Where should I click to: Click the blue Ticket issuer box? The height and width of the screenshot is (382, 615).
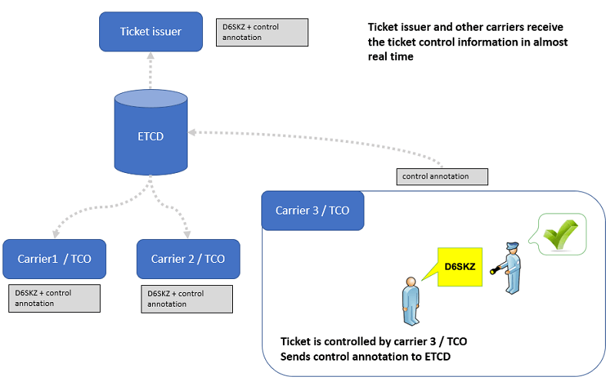[x=151, y=32]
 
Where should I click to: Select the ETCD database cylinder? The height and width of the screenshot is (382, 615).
[x=151, y=135]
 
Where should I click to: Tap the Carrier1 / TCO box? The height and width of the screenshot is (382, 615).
[x=54, y=258]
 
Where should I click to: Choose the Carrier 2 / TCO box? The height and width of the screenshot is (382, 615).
[x=188, y=258]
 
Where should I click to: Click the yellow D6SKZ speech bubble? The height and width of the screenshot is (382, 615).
[x=460, y=267]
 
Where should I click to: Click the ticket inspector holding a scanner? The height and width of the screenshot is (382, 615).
[x=510, y=267]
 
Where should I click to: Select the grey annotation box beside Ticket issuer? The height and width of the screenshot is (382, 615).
[x=262, y=32]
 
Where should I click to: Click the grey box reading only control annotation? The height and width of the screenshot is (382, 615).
[x=443, y=177]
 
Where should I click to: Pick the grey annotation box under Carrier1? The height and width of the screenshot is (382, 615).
[x=54, y=298]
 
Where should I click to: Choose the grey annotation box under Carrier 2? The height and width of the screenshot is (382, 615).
[x=188, y=299]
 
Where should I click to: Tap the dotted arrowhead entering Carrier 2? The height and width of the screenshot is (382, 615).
[x=188, y=234]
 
